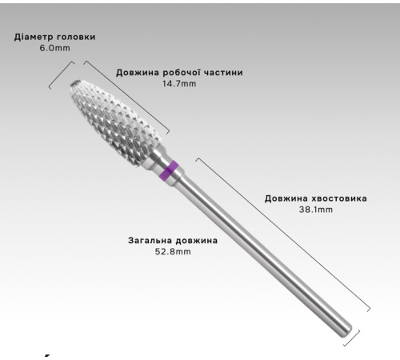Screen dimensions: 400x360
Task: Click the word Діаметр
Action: [x=34, y=37]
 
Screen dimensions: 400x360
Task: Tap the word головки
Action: [x=76, y=37]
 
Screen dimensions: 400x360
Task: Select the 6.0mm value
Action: [x=54, y=48]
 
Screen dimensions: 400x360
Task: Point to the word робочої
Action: [x=182, y=72]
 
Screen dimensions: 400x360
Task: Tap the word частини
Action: [x=223, y=73]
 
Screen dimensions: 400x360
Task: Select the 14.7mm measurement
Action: [x=179, y=84]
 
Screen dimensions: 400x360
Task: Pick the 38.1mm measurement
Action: [x=316, y=210]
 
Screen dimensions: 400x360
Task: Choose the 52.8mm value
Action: [x=173, y=251]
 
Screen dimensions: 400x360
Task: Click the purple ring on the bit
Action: [x=169, y=170]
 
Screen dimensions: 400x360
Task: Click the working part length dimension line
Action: [x=126, y=98]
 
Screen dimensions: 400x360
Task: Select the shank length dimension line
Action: [x=282, y=234]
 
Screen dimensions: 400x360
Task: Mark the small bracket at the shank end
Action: [x=352, y=338]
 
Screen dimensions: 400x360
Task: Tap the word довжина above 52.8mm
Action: [x=197, y=240]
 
